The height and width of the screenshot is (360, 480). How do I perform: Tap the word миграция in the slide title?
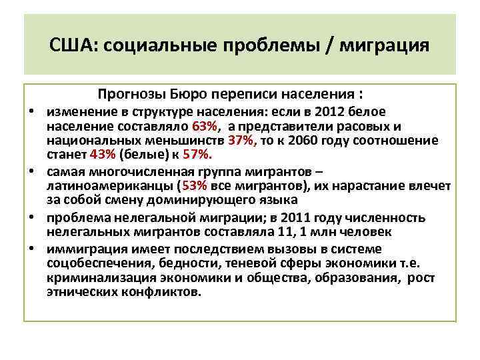coord(385,47)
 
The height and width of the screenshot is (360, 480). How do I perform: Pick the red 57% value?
coord(198,155)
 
